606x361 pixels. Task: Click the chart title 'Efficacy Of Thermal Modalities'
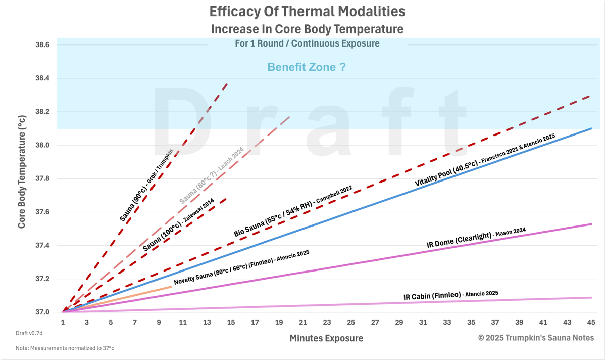coord(307,11)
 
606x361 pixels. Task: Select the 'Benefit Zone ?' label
coord(307,67)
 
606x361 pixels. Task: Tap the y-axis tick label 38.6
coord(42,45)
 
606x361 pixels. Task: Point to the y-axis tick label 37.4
coord(42,246)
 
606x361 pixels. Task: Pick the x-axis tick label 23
coord(327,322)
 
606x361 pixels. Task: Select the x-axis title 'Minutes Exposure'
coord(326,338)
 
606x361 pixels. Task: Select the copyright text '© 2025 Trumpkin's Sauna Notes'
coord(536,338)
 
